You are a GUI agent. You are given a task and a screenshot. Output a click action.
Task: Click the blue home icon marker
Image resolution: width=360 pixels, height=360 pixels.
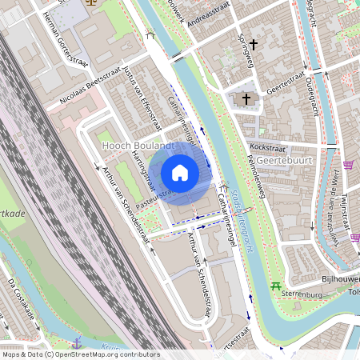pyautogui.click(x=180, y=172)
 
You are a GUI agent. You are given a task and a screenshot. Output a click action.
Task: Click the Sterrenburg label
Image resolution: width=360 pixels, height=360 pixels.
pyautogui.click(x=300, y=294)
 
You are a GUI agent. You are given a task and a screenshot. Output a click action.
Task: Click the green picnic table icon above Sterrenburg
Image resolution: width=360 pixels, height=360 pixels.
pyautogui.click(x=276, y=286)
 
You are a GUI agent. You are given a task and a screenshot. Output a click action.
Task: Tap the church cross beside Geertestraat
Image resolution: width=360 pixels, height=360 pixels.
pyautogui.click(x=246, y=99)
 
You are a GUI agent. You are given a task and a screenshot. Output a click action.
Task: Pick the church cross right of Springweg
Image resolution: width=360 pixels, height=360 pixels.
pyautogui.click(x=254, y=44)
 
